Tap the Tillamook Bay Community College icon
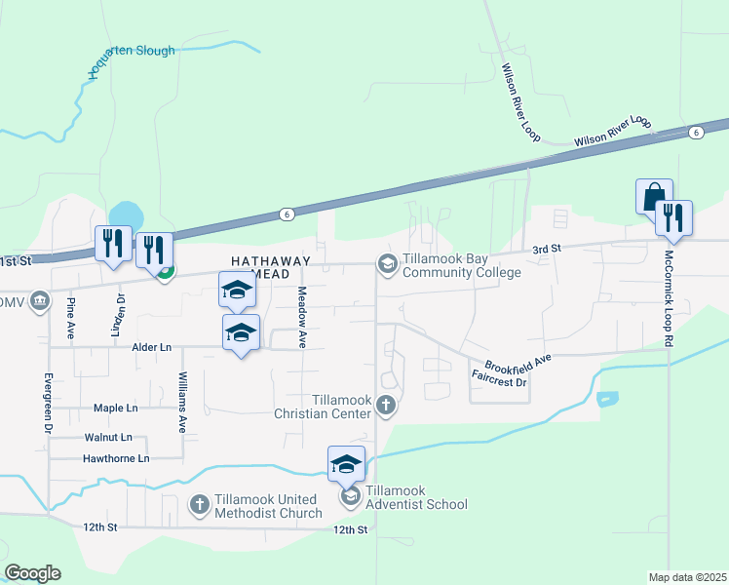pos(387,263)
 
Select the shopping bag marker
pos(653,197)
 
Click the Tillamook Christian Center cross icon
pos(386,406)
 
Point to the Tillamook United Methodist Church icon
pos(199,504)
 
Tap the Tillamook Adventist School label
pos(416,504)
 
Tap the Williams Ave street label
pos(182,401)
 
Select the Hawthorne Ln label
pos(116,458)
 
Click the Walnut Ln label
pos(107,438)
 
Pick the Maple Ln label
pos(115,408)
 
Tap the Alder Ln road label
pos(151,347)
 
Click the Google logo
pos(32,573)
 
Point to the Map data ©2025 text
pos(687,577)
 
